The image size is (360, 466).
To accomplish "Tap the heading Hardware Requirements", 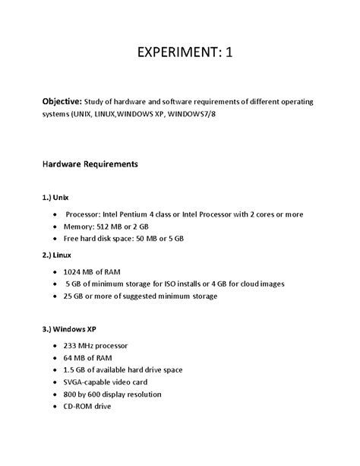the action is [x=89, y=163].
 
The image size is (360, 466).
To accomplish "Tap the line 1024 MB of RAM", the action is [x=95, y=271].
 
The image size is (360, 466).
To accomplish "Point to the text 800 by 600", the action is [x=89, y=394].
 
